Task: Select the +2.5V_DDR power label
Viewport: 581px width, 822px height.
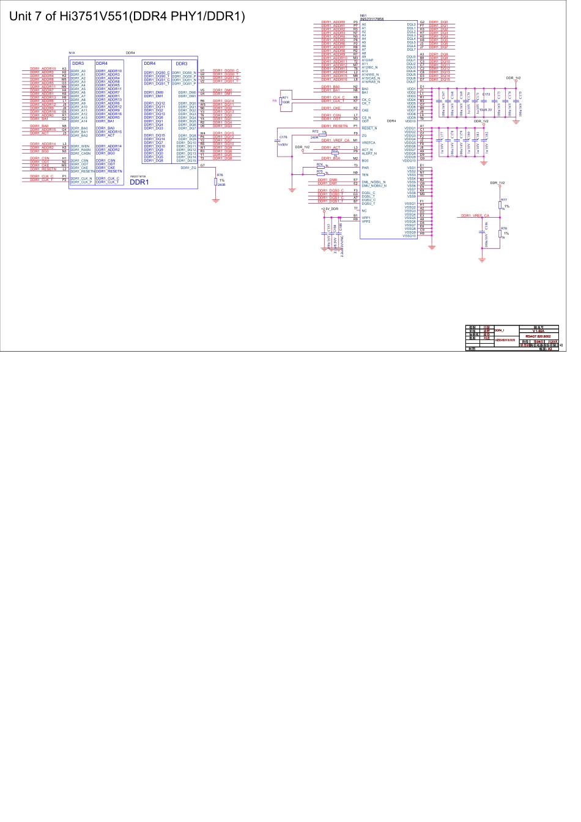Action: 330,209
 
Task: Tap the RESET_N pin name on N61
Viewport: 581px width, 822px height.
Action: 369,128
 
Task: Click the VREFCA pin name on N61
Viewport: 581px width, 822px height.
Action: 369,143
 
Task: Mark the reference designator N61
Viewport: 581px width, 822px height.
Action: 363,15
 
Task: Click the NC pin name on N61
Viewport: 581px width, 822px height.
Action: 365,210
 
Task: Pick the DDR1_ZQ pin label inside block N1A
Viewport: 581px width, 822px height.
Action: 188,168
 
